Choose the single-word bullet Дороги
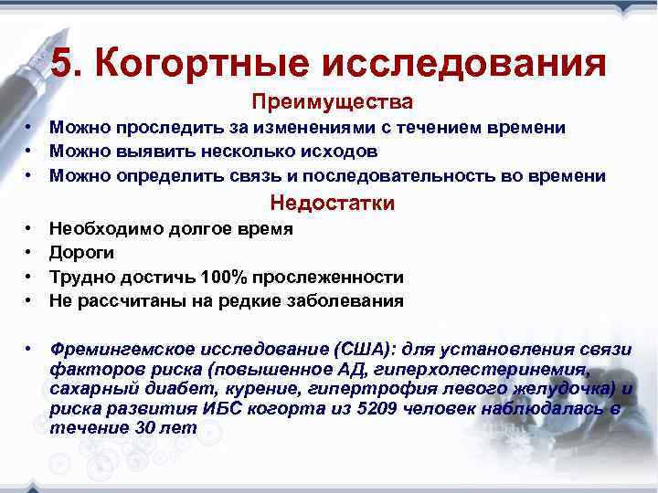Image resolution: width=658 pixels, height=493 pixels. point(82,253)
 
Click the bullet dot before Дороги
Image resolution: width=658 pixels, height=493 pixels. point(30,253)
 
